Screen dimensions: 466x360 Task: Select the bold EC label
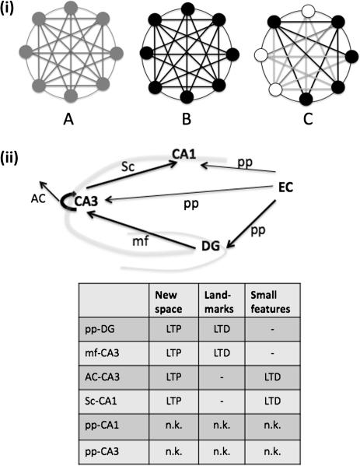288,187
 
